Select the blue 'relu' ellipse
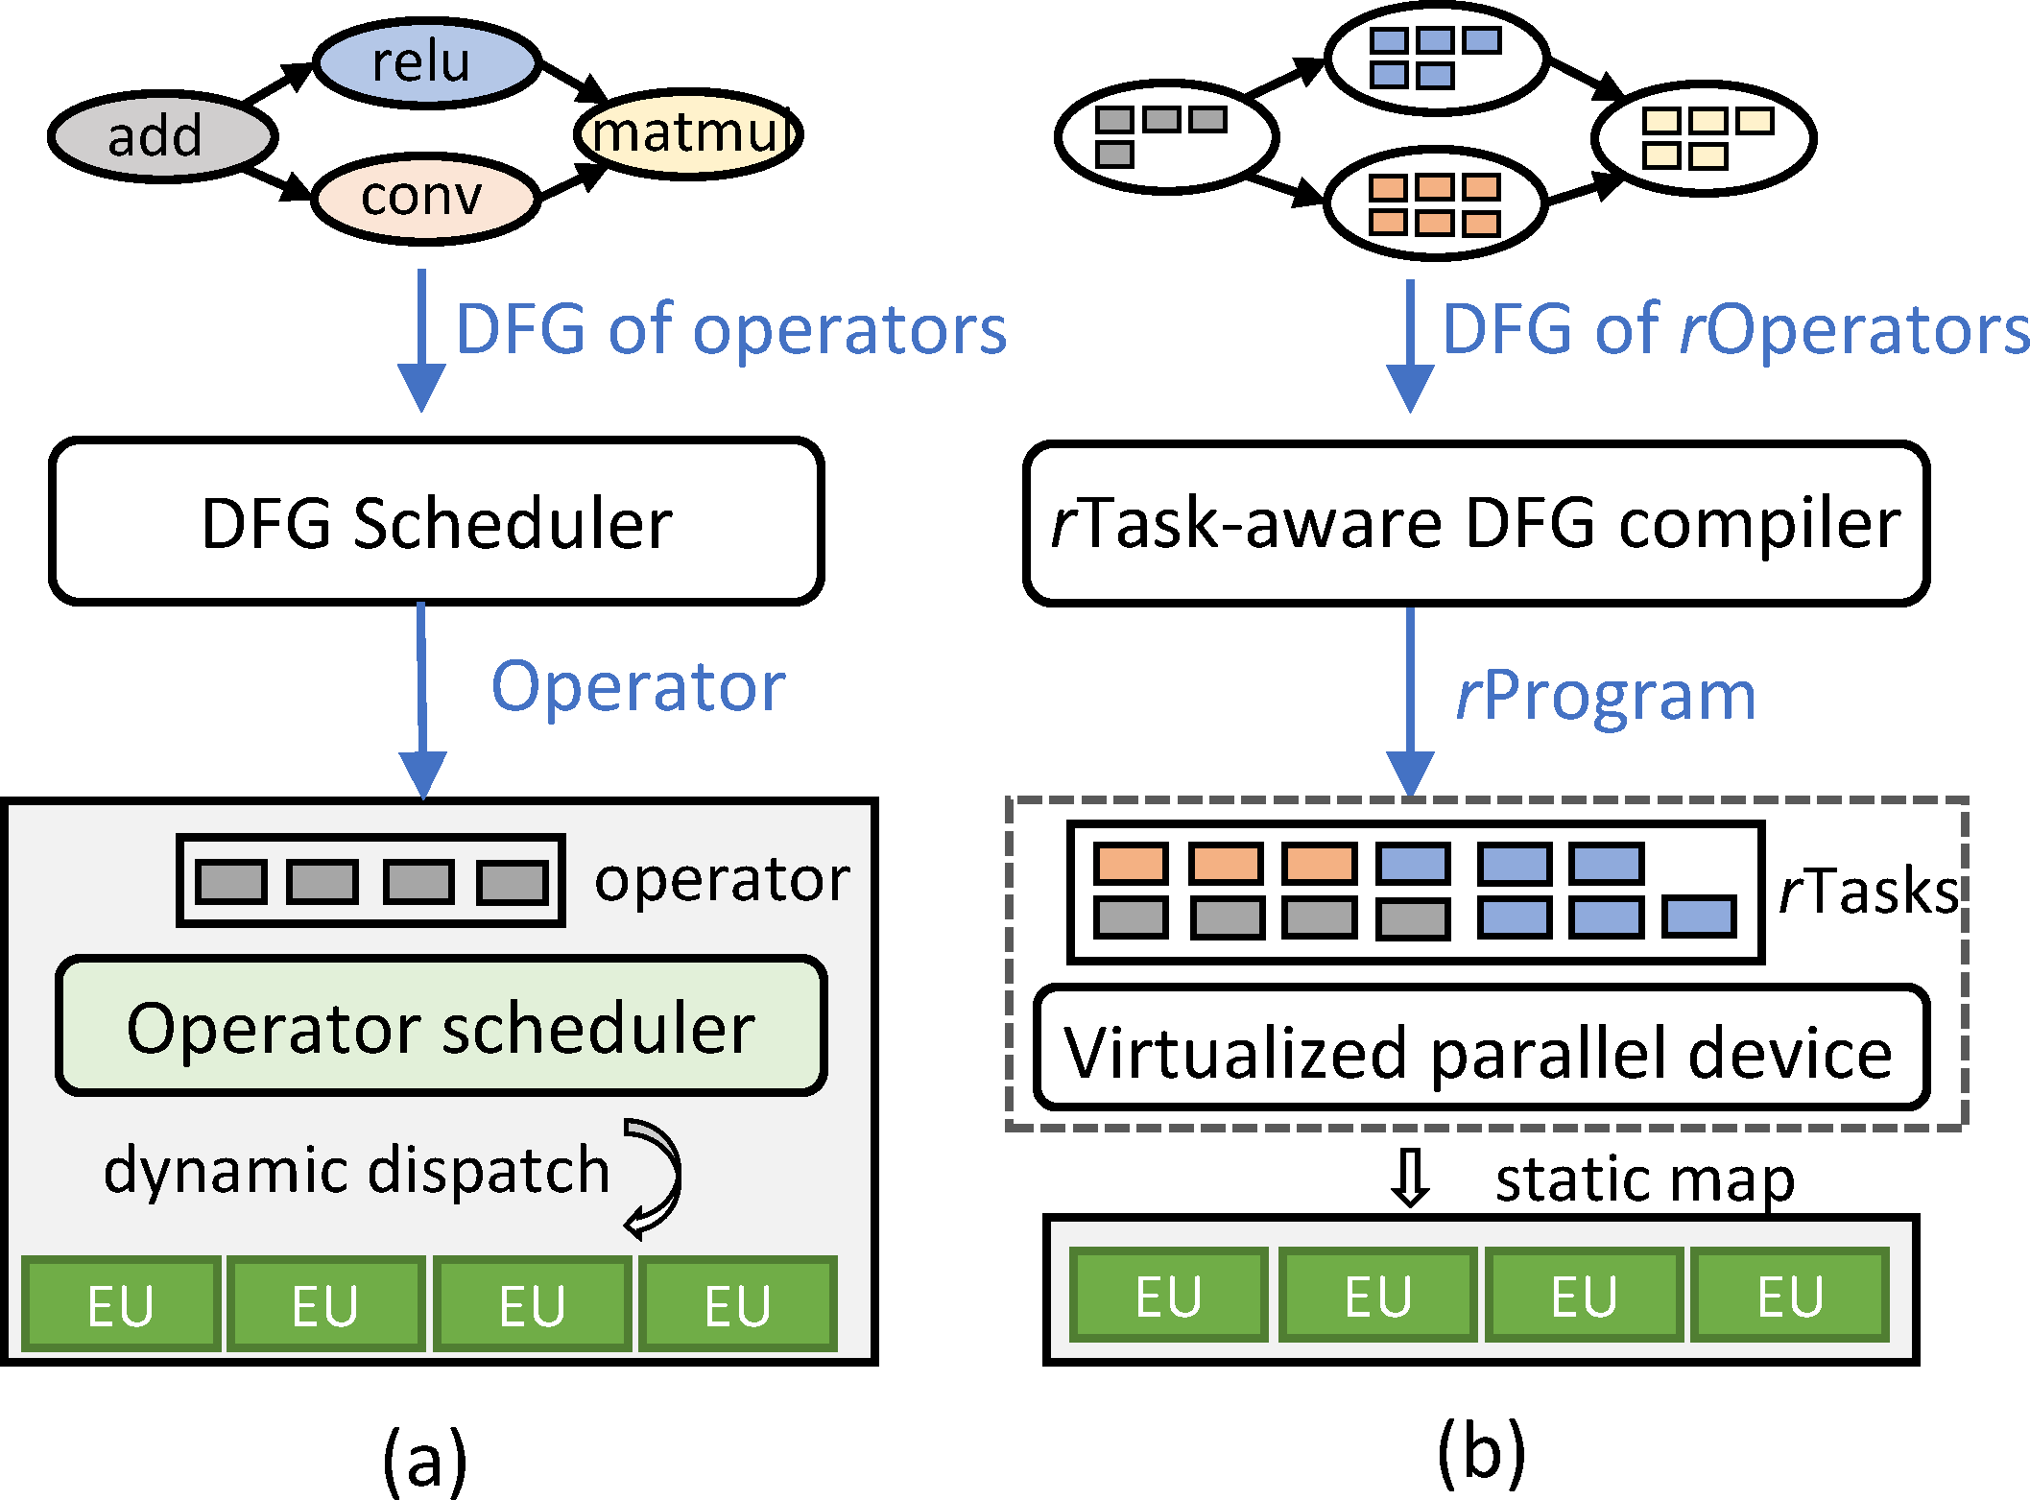[426, 63]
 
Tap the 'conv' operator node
[426, 198]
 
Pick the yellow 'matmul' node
[689, 133]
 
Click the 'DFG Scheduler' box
[437, 522]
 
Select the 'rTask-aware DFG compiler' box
[1476, 524]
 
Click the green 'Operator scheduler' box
[441, 1026]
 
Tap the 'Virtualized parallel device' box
[1480, 1050]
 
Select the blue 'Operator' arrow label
[638, 686]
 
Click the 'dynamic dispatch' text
[356, 1170]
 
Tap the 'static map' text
[1644, 1179]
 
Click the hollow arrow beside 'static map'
[1410, 1178]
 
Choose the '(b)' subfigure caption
[1481, 1451]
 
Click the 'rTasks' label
[1868, 891]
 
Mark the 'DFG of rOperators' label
[1735, 329]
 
